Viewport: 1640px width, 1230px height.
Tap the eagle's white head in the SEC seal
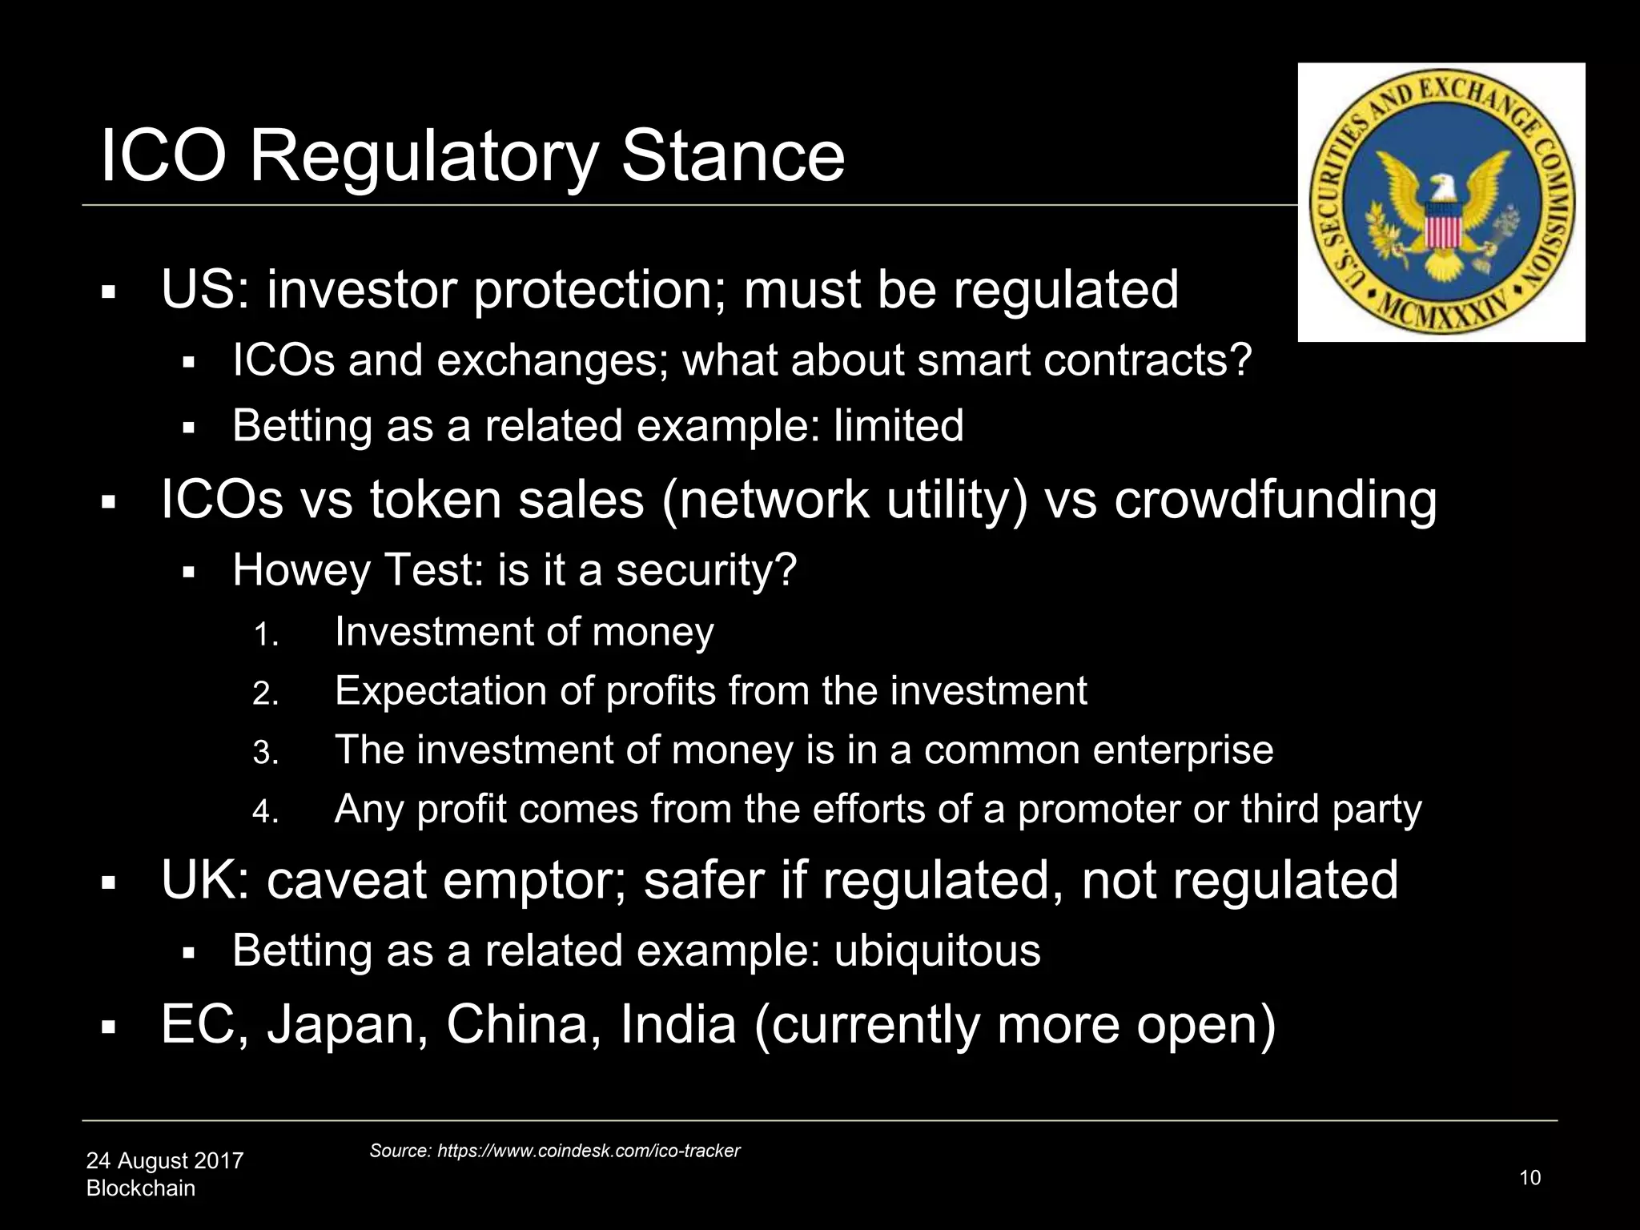[1442, 189]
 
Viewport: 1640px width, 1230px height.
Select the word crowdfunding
[1275, 500]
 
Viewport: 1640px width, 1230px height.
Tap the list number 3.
[265, 753]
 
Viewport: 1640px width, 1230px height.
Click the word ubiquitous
[937, 951]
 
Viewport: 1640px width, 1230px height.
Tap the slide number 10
[1529, 1177]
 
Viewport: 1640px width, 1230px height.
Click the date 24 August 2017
[164, 1160]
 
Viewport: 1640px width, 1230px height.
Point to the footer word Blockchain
[140, 1188]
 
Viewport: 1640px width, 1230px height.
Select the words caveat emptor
[446, 880]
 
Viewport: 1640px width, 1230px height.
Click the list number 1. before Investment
[265, 635]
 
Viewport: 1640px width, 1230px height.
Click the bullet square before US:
[109, 292]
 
